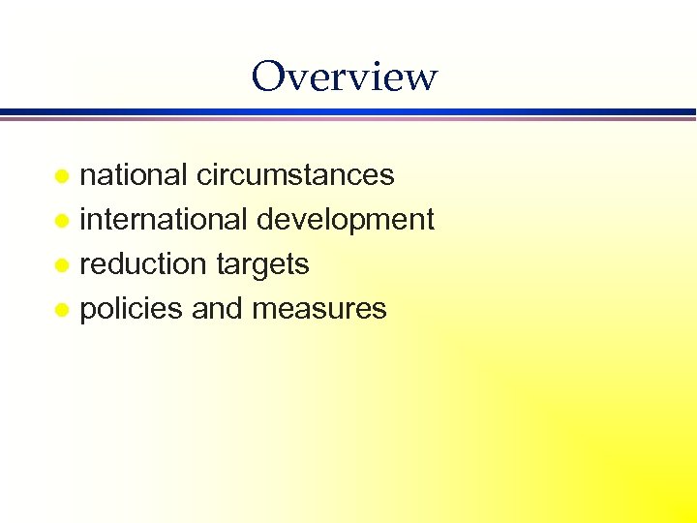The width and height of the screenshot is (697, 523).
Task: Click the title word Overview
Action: point(344,76)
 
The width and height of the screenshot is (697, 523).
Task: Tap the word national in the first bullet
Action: point(134,174)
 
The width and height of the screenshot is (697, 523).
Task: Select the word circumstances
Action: point(295,174)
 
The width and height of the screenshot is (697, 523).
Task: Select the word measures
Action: point(318,309)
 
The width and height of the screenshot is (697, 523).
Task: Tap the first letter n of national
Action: point(87,177)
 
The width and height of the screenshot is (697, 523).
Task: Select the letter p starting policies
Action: point(87,312)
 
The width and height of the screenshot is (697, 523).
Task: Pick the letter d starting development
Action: point(264,220)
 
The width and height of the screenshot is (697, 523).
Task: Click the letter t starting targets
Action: point(219,264)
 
